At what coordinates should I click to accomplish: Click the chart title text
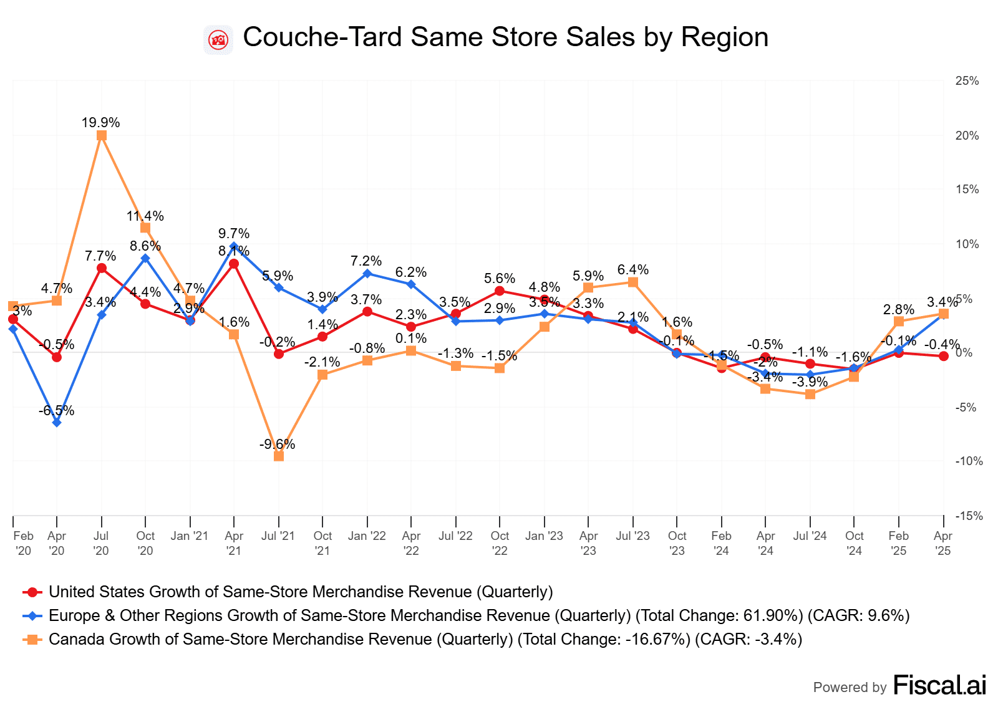pyautogui.click(x=505, y=37)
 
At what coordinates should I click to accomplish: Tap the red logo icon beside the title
pyautogui.click(x=218, y=41)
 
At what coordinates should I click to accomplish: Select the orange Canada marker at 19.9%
pyautogui.click(x=102, y=135)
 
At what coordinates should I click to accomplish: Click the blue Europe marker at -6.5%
pyautogui.click(x=57, y=423)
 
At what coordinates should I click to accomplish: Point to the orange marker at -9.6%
pyautogui.click(x=279, y=456)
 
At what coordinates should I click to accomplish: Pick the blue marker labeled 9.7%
pyautogui.click(x=234, y=246)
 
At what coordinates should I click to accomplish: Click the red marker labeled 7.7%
pyautogui.click(x=102, y=268)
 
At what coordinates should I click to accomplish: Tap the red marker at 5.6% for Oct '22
pyautogui.click(x=500, y=291)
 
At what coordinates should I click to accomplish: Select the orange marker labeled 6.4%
pyautogui.click(x=633, y=282)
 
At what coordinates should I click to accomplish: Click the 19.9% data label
pyautogui.click(x=100, y=123)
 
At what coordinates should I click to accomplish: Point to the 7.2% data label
pyautogui.click(x=366, y=261)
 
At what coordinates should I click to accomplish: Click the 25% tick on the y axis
pyautogui.click(x=967, y=81)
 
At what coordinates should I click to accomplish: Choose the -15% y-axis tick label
pyautogui.click(x=969, y=516)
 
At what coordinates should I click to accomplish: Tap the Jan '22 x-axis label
pyautogui.click(x=367, y=536)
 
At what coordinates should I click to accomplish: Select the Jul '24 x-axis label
pyautogui.click(x=810, y=536)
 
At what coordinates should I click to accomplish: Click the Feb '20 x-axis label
pyautogui.click(x=23, y=543)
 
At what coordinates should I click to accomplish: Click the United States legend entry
pyautogui.click(x=301, y=592)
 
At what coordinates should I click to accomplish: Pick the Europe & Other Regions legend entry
pyautogui.click(x=479, y=615)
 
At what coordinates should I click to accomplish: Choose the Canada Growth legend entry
pyautogui.click(x=425, y=639)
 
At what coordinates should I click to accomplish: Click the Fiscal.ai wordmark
pyautogui.click(x=940, y=685)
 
